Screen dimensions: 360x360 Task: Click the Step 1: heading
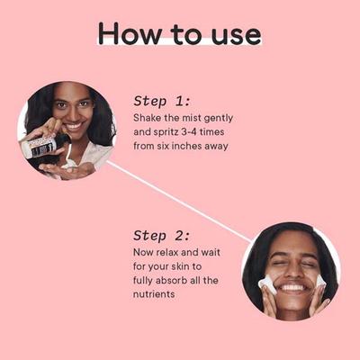(162, 102)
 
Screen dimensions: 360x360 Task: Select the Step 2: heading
(162, 236)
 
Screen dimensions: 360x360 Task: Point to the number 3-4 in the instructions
(189, 132)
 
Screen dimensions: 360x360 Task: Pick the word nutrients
(154, 294)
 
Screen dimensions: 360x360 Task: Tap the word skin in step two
(181, 266)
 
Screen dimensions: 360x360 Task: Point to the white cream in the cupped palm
(69, 162)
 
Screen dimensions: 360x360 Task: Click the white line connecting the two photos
(179, 202)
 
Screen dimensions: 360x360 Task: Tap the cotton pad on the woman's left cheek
(321, 283)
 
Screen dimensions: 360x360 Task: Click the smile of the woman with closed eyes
(292, 287)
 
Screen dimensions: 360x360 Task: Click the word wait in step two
(210, 252)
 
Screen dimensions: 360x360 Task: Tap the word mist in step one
(192, 118)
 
